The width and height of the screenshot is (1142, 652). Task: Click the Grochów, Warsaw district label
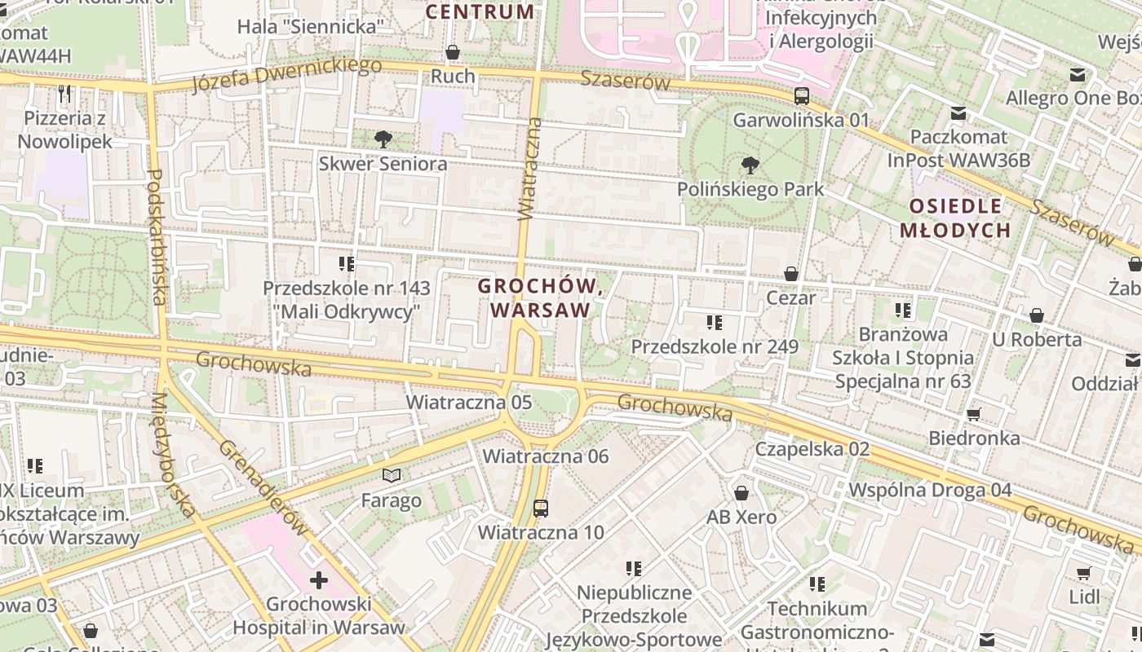(x=541, y=298)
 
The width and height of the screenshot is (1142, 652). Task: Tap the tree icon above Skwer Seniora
(x=383, y=139)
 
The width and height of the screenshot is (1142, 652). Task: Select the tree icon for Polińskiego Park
(x=750, y=165)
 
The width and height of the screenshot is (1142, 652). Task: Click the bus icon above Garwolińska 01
(x=802, y=95)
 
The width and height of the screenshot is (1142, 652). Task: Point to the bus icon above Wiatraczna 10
(x=541, y=509)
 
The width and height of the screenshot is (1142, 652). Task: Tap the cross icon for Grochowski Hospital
(x=319, y=580)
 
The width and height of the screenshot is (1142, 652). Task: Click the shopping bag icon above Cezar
(x=790, y=274)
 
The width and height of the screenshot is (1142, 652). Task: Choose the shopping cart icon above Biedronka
(x=973, y=414)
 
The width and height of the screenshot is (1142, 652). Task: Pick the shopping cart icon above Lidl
(x=1084, y=573)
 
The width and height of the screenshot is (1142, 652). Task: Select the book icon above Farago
(x=392, y=475)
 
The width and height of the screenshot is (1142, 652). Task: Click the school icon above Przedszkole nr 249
(x=715, y=323)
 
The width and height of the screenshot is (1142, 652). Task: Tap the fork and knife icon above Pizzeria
(x=65, y=94)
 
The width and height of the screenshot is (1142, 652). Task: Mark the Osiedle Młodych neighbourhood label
(x=955, y=218)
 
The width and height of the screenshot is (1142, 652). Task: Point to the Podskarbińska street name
(x=156, y=236)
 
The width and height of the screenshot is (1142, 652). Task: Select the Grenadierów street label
(x=263, y=487)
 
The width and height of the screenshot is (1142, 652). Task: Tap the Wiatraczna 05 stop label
(x=469, y=402)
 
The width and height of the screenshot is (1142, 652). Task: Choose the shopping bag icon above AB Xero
(x=741, y=493)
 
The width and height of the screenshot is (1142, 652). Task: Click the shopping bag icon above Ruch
(x=453, y=53)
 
